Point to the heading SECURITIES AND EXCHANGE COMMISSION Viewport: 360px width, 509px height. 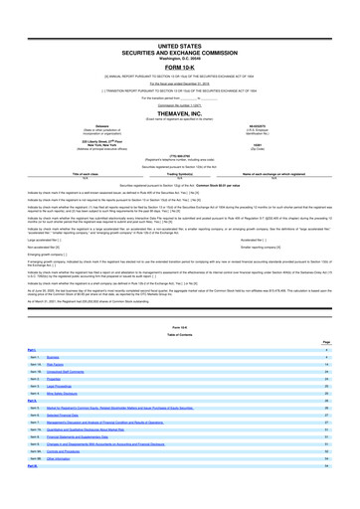(179, 25)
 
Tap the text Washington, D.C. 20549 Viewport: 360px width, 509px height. (179, 31)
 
